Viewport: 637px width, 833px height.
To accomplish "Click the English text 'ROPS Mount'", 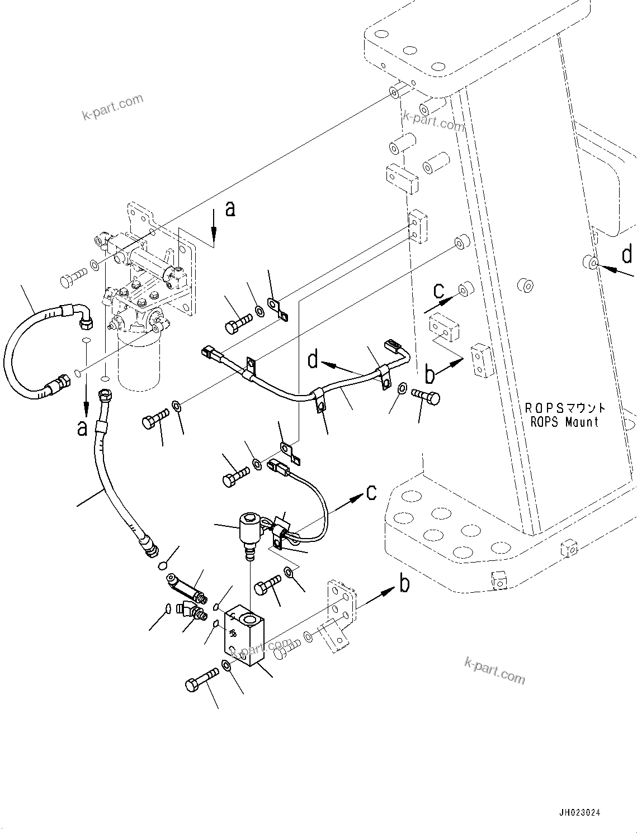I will coord(564,422).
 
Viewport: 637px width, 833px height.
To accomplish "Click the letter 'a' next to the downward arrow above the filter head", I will coord(230,209).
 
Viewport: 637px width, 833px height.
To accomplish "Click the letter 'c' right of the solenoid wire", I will coord(371,492).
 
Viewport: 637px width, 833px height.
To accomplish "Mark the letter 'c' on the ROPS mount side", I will coord(439,290).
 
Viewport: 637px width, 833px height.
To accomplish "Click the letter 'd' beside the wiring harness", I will coord(314,359).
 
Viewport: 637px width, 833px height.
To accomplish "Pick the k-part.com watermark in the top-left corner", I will coord(112,107).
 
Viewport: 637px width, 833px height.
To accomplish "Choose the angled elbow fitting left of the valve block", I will coord(190,611).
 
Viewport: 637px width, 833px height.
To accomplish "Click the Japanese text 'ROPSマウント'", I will coord(564,408).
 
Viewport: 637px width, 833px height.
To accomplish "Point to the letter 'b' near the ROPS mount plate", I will coord(430,374).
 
